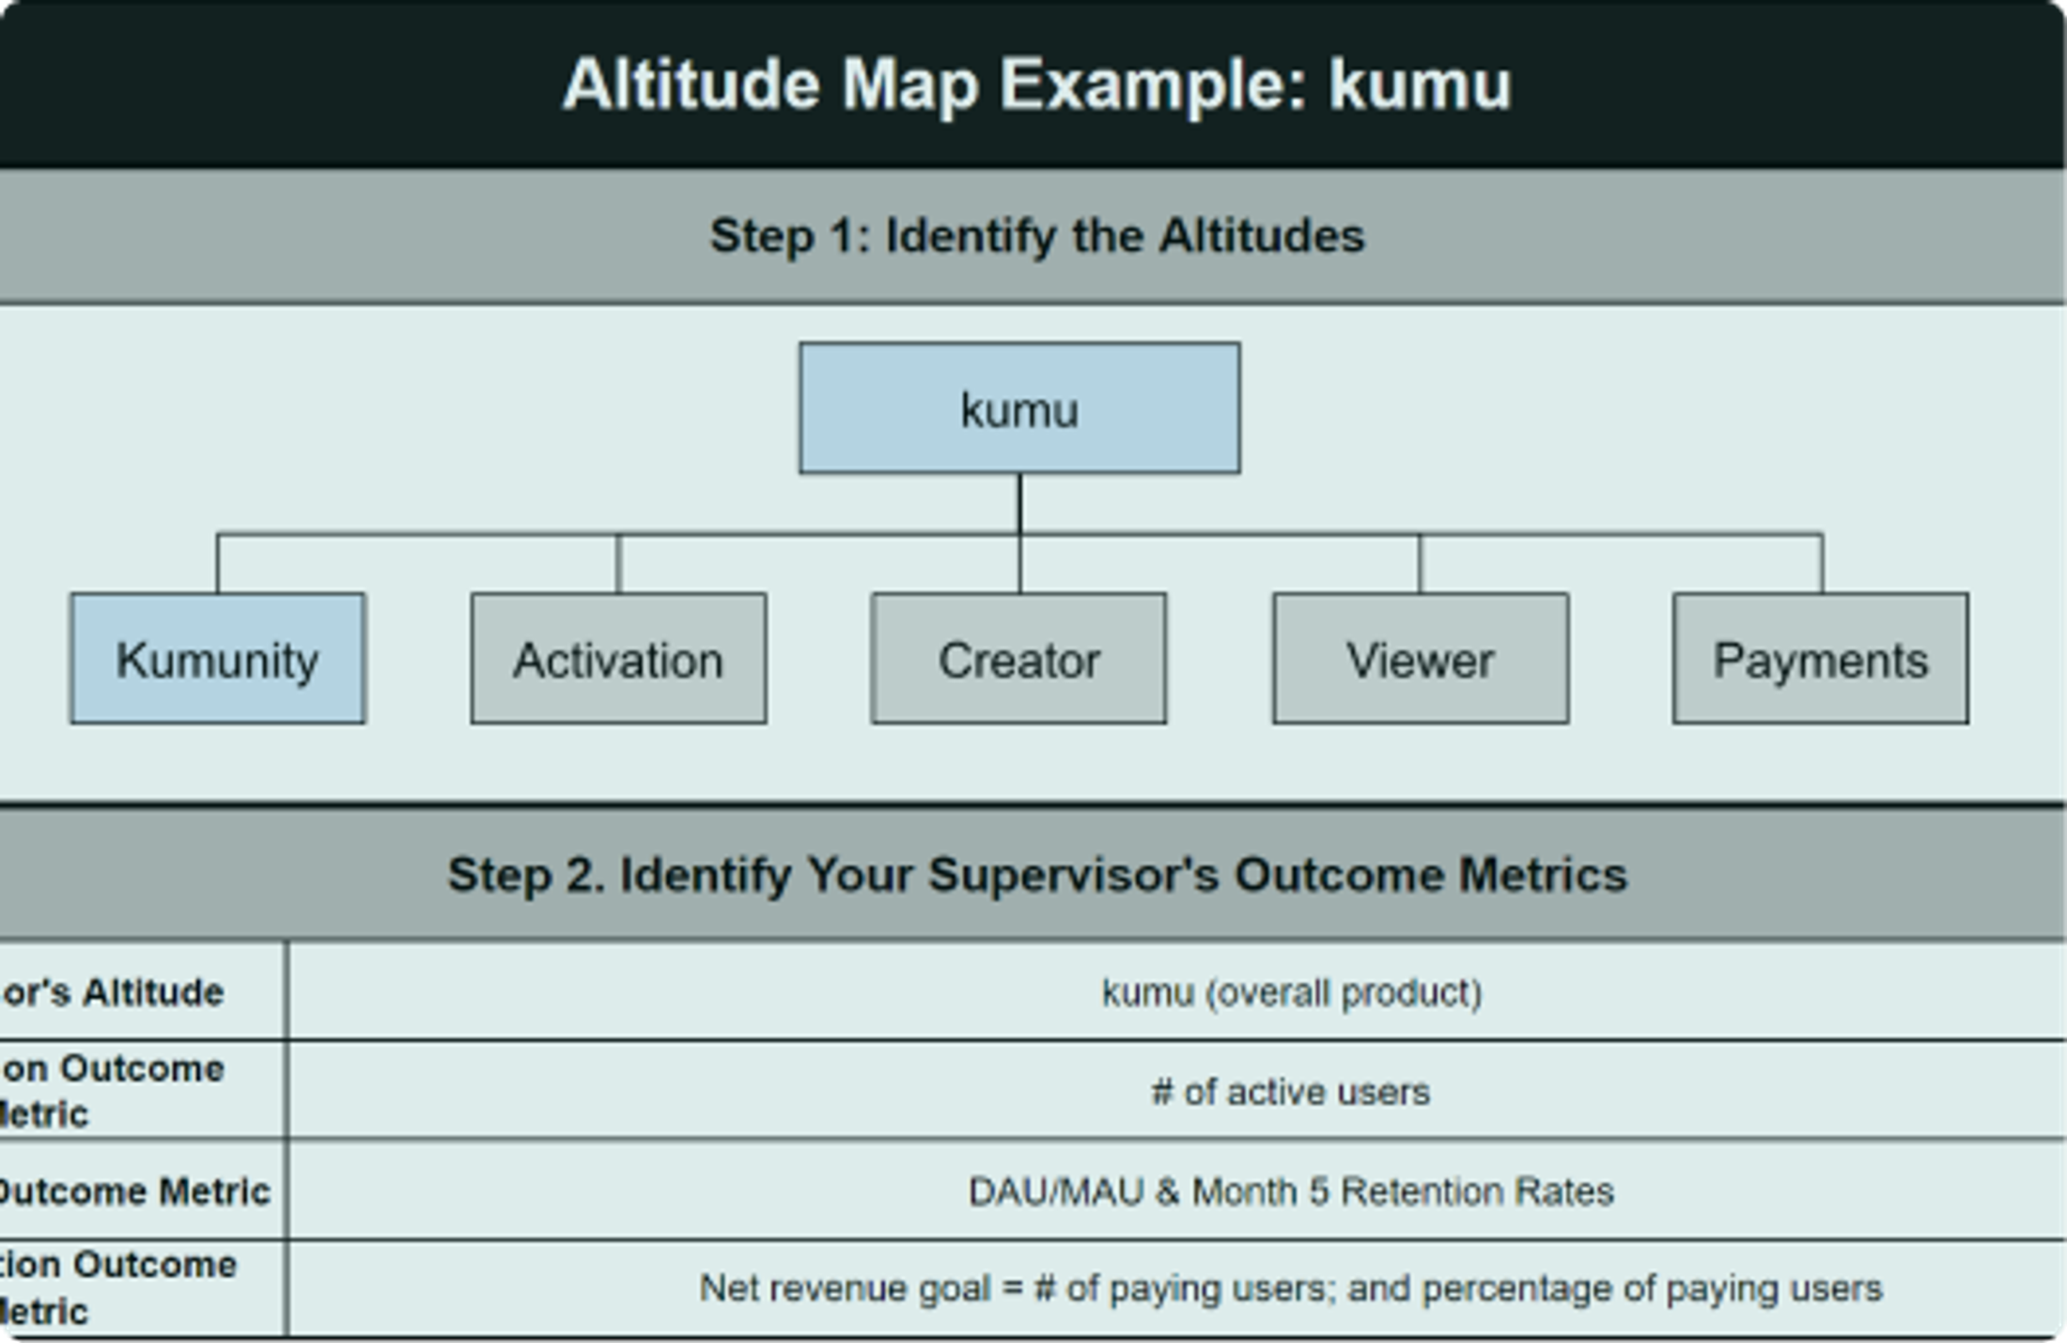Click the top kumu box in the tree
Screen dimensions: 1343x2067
pyautogui.click(x=1019, y=408)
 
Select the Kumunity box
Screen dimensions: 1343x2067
pyautogui.click(x=217, y=658)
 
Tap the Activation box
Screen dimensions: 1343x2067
pyautogui.click(x=618, y=658)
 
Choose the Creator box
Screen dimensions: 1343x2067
pyautogui.click(x=1018, y=658)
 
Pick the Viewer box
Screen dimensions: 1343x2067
pyautogui.click(x=1420, y=658)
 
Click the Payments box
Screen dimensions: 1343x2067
pyautogui.click(x=1820, y=658)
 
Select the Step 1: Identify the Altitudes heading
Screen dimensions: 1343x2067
pyautogui.click(x=1036, y=235)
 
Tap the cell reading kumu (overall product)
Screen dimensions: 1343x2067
pyautogui.click(x=1291, y=992)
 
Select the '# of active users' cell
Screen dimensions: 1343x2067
pyautogui.click(x=1291, y=1092)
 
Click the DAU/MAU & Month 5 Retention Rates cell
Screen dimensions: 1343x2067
pyautogui.click(x=1291, y=1192)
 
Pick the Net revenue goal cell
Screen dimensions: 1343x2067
pyautogui.click(x=1291, y=1288)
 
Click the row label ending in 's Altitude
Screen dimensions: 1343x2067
pyautogui.click(x=113, y=992)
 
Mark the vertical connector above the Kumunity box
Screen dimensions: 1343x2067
pyautogui.click(x=218, y=564)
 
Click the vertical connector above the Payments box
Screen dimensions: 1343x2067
pyautogui.click(x=1822, y=564)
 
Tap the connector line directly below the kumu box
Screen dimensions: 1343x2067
pyautogui.click(x=1020, y=503)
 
